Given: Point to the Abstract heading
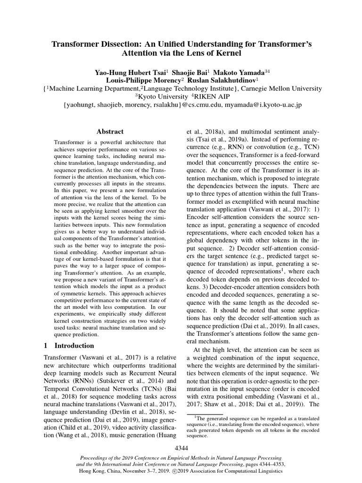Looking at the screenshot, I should point(110,132).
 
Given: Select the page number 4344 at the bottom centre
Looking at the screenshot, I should point(181,447).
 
